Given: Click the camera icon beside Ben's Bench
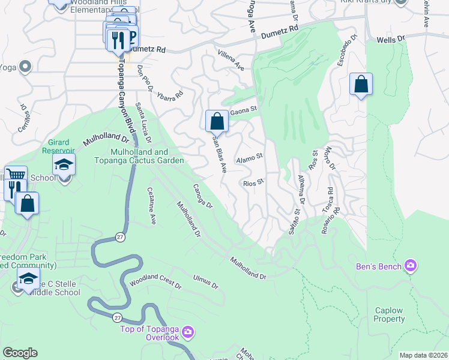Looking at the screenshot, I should click(411, 265).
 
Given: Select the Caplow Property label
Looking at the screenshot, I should click(390, 314).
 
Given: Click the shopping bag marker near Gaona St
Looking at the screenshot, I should click(217, 121).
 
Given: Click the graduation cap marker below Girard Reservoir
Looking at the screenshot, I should click(64, 165).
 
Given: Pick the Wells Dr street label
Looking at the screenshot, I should click(391, 39).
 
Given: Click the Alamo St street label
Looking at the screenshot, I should click(250, 158).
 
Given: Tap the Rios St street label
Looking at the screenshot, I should click(253, 182).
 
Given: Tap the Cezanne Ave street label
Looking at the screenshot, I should click(151, 205).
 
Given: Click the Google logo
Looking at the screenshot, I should click(20, 353).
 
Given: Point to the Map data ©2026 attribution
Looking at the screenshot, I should click(423, 355).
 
